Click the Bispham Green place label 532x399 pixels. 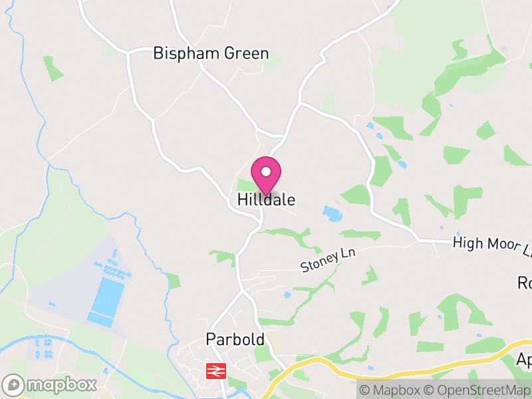pyautogui.click(x=211, y=53)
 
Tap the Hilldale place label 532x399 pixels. pyautogui.click(x=266, y=199)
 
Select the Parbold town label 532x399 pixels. pyautogui.click(x=235, y=340)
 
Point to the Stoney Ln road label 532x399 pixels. pyautogui.click(x=328, y=260)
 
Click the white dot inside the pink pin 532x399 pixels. pyautogui.click(x=266, y=172)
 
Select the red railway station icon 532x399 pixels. pyautogui.click(x=216, y=371)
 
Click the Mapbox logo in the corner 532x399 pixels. pyautogui.click(x=51, y=384)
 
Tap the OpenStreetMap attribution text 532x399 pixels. pyautogui.click(x=479, y=390)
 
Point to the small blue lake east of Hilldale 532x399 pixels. pyautogui.click(x=331, y=213)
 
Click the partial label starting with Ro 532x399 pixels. pyautogui.click(x=524, y=283)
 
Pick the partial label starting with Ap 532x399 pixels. pyautogui.click(x=524, y=360)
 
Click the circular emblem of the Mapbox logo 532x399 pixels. pyautogui.click(x=14, y=384)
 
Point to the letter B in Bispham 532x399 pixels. pyautogui.click(x=158, y=53)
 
